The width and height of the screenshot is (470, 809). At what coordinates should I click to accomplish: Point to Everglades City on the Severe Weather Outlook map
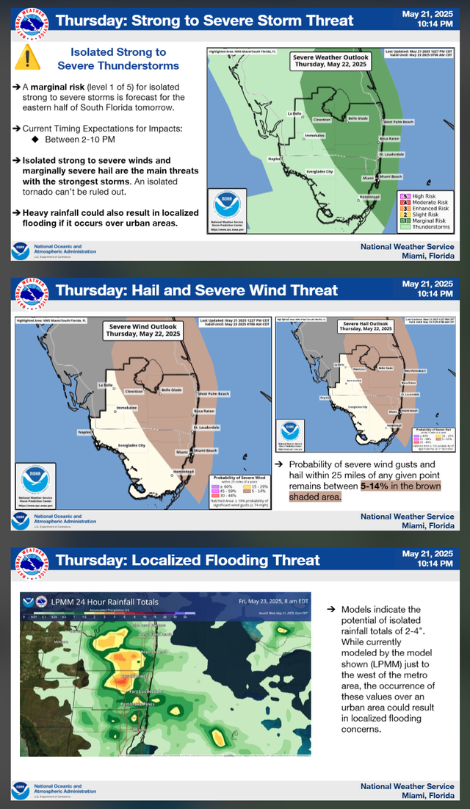(319, 171)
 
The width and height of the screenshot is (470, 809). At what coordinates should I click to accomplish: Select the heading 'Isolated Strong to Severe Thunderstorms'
(117, 58)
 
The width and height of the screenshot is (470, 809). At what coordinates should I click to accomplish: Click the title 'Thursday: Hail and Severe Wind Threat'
(197, 290)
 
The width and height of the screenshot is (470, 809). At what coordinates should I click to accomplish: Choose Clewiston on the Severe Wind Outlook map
(134, 391)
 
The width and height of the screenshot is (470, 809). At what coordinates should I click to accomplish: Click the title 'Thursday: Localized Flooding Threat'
(188, 560)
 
